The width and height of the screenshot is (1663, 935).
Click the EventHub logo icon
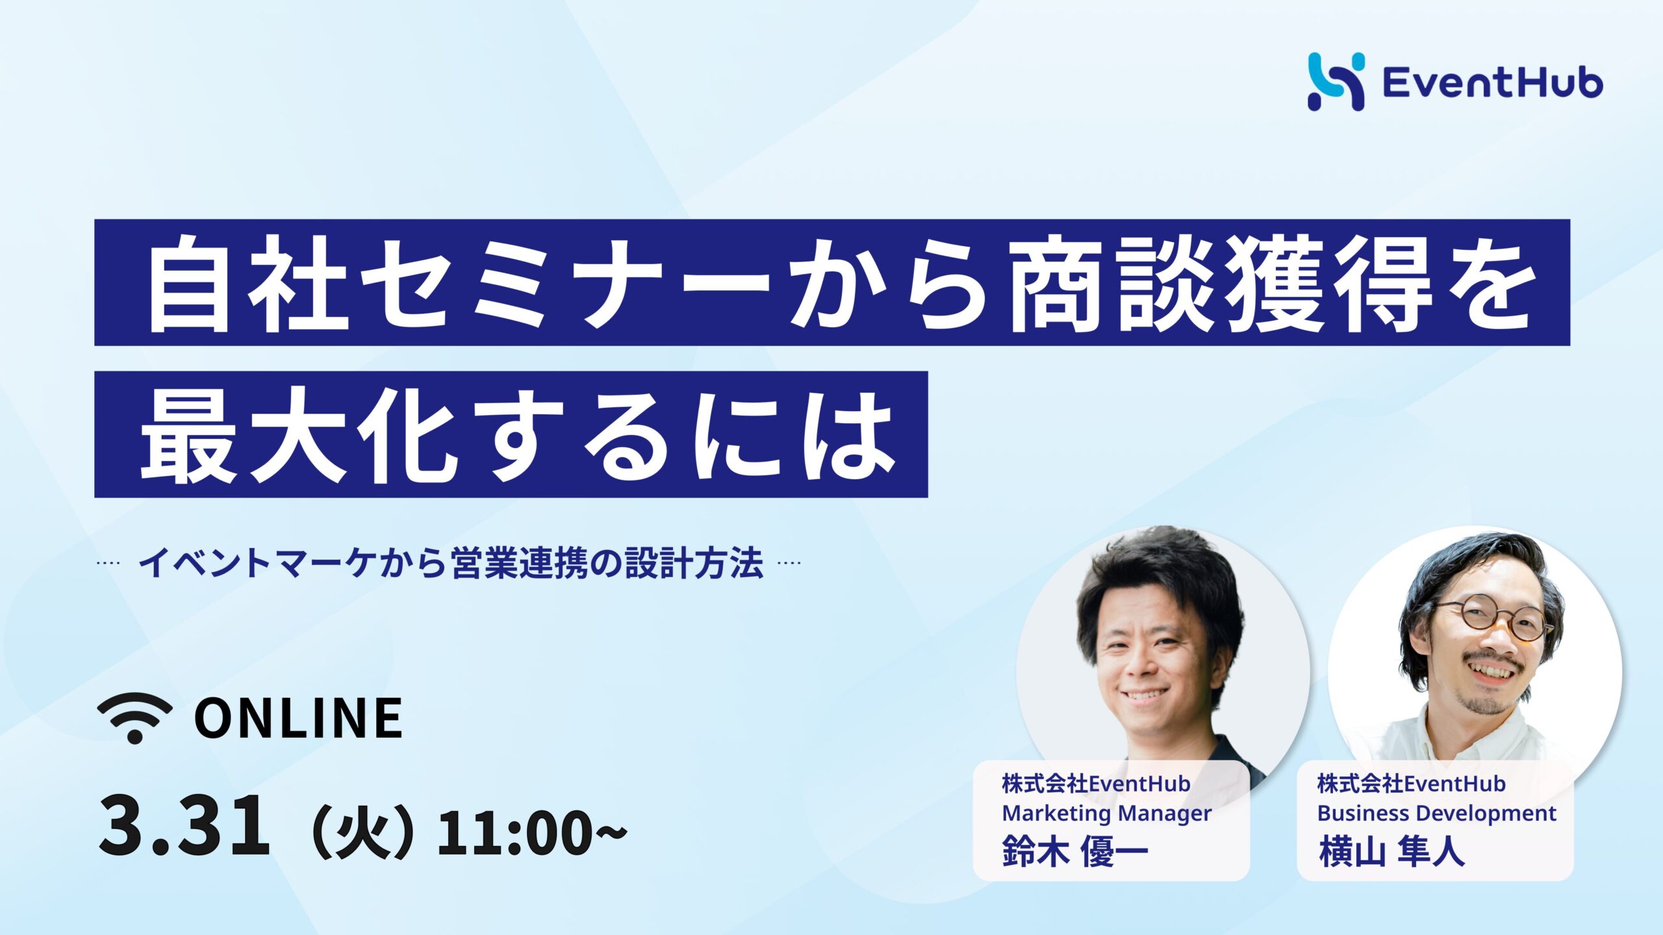pos(1336,82)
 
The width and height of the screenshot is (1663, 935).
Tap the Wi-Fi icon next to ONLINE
pos(135,717)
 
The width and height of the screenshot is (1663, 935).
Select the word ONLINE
pos(298,717)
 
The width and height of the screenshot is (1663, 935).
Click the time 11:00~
pos(532,833)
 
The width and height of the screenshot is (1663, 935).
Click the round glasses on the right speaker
pos(1495,617)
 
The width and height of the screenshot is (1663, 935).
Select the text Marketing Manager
pos(1107,814)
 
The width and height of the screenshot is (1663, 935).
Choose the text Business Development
pos(1437,813)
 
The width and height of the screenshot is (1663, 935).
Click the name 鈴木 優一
pos(1075,851)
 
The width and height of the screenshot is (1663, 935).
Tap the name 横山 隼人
pos(1391,851)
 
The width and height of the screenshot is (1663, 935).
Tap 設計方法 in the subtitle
pos(694,564)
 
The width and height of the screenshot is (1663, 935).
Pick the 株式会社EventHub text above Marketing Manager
pos(1096,784)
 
